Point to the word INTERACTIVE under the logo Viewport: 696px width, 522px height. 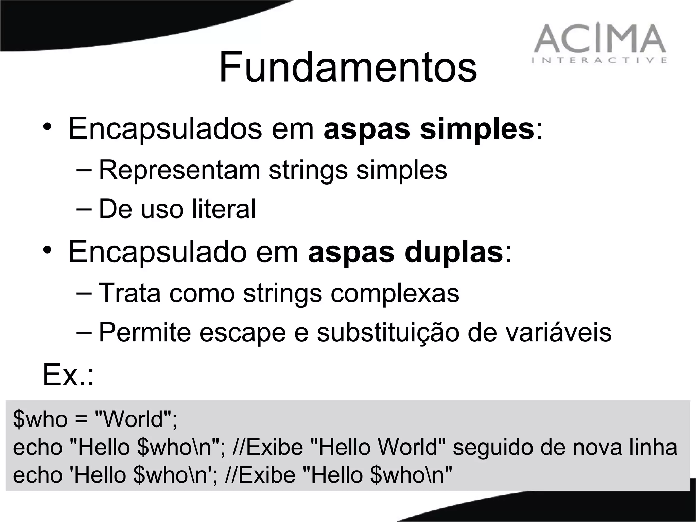click(599, 60)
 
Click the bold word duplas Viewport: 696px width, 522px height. click(454, 253)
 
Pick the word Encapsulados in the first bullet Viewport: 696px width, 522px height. click(165, 129)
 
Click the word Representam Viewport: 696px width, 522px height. click(179, 170)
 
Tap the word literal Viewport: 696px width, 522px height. click(224, 209)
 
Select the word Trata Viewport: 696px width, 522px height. click(129, 293)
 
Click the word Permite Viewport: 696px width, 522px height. click(145, 332)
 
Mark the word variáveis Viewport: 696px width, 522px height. click(540, 332)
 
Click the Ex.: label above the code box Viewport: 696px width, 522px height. click(68, 375)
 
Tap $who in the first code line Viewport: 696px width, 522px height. click(40, 419)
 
